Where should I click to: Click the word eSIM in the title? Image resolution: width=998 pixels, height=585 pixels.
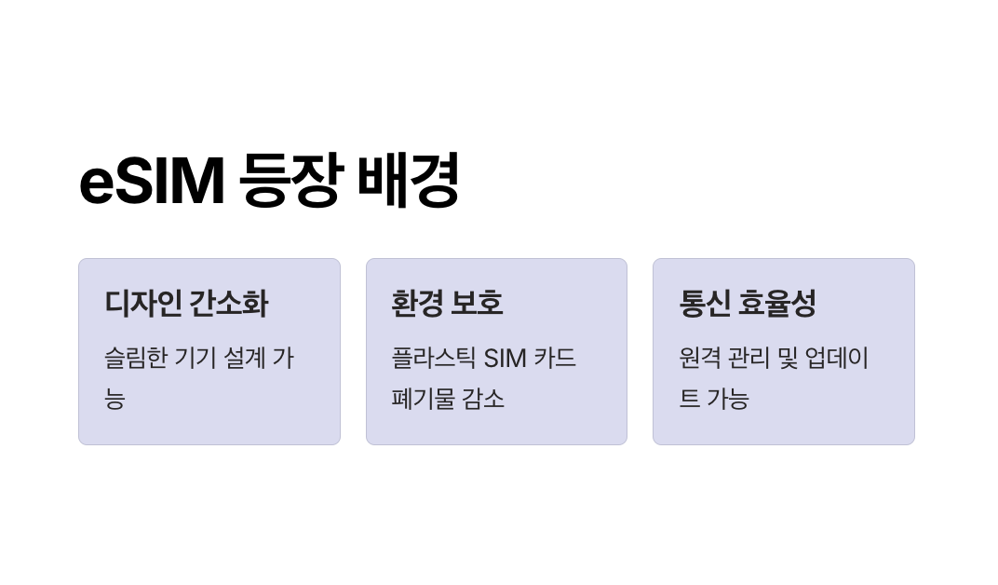coord(152,181)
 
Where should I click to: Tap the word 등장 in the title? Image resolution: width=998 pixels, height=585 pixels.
coord(290,181)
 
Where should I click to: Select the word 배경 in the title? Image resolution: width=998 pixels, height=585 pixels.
coord(409,181)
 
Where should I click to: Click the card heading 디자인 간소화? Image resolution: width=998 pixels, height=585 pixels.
coord(186,304)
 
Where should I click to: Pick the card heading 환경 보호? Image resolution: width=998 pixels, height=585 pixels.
coord(447,304)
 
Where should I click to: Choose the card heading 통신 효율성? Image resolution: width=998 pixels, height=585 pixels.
coord(748,304)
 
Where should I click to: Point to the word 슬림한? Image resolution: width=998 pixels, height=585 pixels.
coord(135,359)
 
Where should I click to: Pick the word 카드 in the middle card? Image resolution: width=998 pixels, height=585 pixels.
coord(556,359)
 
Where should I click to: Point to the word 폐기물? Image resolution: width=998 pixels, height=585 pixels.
coord(422,399)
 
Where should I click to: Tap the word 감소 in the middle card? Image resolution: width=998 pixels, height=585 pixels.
coord(483,399)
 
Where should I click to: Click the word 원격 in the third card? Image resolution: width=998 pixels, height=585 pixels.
coord(701,359)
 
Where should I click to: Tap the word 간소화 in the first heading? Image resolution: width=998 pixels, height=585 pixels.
coord(228,304)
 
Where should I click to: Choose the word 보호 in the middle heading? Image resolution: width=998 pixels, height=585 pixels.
coord(477,304)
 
